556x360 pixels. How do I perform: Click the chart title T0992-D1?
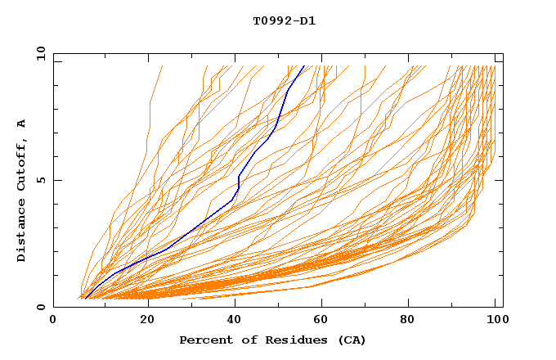pyautogui.click(x=284, y=20)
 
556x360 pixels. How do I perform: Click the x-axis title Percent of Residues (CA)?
pyautogui.click(x=272, y=340)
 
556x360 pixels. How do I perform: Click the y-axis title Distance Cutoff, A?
pyautogui.click(x=21, y=190)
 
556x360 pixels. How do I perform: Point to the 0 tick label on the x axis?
pyautogui.click(x=53, y=320)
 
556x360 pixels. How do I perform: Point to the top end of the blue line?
pyautogui.click(x=304, y=65)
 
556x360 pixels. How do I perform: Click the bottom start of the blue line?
pyautogui.click(x=84, y=299)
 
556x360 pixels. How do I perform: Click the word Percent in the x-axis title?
pyautogui.click(x=204, y=340)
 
